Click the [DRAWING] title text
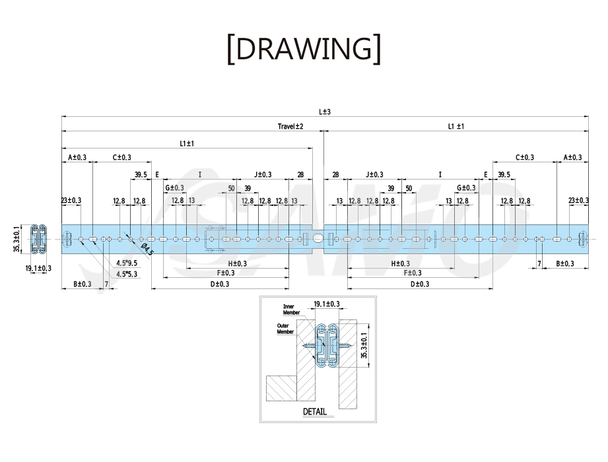[x=304, y=49]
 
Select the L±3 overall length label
[x=325, y=112]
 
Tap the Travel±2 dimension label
[x=290, y=126]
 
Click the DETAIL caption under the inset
[x=314, y=412]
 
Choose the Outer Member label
[x=285, y=329]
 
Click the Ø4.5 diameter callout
[x=147, y=249]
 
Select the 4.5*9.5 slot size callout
[x=127, y=263]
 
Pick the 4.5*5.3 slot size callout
[x=127, y=274]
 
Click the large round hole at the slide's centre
[x=318, y=239]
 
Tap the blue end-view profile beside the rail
[x=38, y=239]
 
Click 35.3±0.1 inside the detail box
[x=364, y=345]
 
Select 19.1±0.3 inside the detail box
[x=327, y=304]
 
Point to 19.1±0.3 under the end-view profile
[x=38, y=268]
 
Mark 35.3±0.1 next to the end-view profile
[x=17, y=239]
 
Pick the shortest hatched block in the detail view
[x=281, y=388]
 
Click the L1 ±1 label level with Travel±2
[x=456, y=126]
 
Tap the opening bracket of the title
[x=230, y=49]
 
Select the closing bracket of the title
[x=377, y=49]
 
